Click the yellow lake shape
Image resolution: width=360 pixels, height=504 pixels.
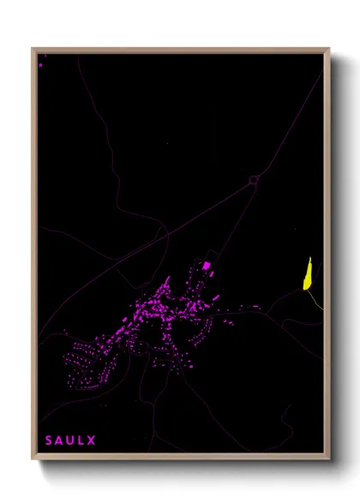point(306,276)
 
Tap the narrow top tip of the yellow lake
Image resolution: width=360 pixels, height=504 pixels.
point(309,259)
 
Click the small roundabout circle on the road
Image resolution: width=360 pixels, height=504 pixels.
point(254,180)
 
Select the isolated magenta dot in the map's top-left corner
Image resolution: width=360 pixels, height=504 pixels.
point(40,64)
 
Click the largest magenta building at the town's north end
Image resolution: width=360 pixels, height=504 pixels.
point(206,266)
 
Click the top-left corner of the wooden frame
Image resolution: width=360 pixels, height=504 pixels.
point(33,49)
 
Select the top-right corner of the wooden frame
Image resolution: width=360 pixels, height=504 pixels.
point(328,49)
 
